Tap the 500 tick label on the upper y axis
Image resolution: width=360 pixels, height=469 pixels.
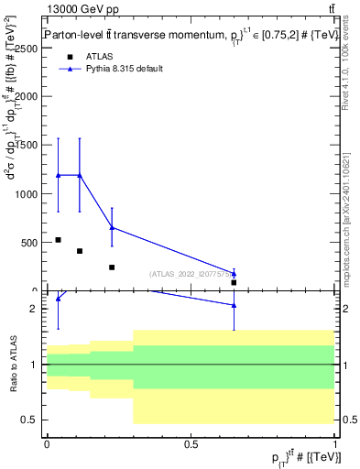click(x=30, y=243)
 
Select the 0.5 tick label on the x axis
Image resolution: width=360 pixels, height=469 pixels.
click(x=191, y=443)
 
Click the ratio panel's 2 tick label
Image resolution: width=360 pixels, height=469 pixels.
click(x=36, y=309)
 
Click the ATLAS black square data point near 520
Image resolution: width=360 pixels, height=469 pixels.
click(x=58, y=240)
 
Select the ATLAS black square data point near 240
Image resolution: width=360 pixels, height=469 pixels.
click(x=112, y=267)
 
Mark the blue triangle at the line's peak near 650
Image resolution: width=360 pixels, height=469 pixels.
click(x=112, y=227)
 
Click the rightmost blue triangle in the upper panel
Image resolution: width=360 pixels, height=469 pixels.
click(x=234, y=273)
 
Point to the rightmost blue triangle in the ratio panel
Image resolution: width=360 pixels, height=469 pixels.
click(x=234, y=305)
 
